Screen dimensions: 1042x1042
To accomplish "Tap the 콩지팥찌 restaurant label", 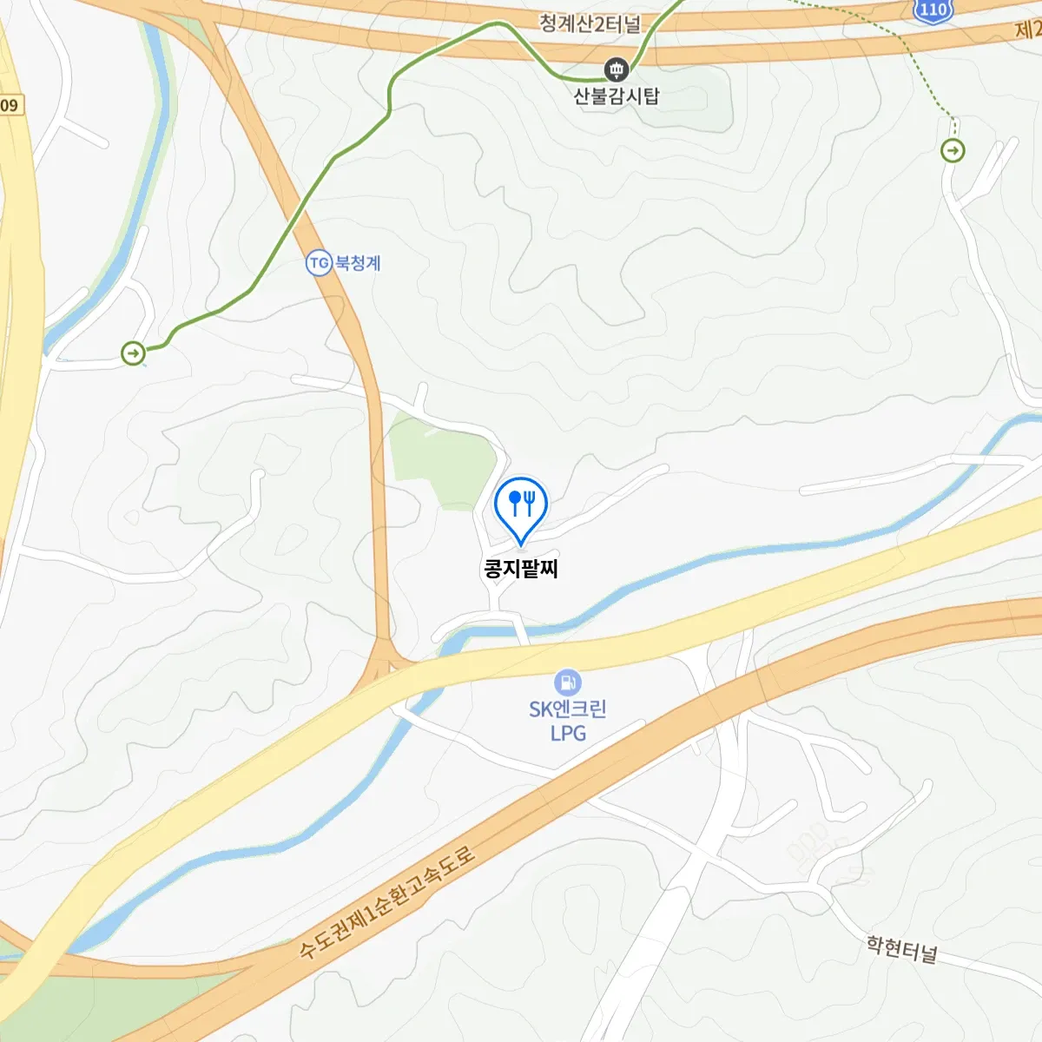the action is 521,569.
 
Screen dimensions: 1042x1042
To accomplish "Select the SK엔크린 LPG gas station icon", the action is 567,682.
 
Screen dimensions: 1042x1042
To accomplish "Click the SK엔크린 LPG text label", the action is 568,720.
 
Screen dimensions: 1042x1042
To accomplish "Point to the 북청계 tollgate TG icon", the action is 319,262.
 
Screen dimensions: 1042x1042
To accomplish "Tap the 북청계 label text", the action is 358,262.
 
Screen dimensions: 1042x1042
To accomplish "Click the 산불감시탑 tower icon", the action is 617,69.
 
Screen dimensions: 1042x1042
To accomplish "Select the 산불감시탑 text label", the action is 617,96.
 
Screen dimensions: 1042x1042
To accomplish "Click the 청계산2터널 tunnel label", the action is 590,23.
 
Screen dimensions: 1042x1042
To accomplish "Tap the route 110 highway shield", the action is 933,10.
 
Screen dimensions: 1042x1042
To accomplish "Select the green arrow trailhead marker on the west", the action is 133,353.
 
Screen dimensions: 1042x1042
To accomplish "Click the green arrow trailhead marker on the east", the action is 953,151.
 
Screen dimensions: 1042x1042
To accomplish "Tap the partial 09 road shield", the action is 10,105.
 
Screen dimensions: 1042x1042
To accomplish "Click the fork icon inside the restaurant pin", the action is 529,502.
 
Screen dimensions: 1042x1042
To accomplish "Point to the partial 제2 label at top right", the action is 1028,30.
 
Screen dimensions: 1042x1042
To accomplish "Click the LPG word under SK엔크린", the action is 568,733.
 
